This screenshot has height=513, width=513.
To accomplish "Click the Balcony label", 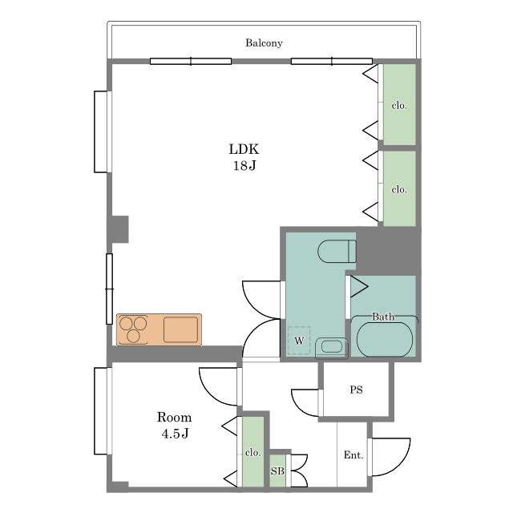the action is coord(264,42).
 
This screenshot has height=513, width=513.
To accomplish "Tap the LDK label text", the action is coord(244,149).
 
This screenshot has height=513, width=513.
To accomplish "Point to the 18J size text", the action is coord(244,166).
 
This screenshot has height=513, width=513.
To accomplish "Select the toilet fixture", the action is coord(337,251).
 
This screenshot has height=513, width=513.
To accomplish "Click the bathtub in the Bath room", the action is coord(385,340).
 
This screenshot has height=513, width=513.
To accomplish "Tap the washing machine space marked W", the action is coord(299,340).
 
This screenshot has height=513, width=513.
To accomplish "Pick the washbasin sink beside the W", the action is coord(331,347).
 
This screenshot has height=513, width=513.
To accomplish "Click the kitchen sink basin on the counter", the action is coord(180,329).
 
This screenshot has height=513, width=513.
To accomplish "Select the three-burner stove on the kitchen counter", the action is coord(133,329).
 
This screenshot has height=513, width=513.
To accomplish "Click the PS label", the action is coord(356,390).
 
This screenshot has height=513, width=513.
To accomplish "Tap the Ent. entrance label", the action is coord(353,455).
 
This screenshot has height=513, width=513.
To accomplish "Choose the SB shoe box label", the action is coord(277,471).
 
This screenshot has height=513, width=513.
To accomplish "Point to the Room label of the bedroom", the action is coord(174,417).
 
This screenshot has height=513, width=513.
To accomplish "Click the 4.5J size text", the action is coord(175,434).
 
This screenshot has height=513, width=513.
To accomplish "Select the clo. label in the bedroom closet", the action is coord(253,452).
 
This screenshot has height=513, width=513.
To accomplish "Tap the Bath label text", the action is coord(383,317).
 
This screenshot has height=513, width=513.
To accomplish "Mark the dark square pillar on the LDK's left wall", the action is coord(119,229).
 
